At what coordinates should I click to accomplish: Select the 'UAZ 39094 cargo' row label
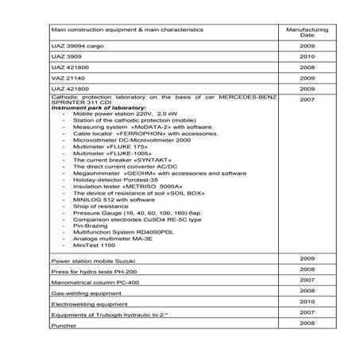(75, 48)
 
